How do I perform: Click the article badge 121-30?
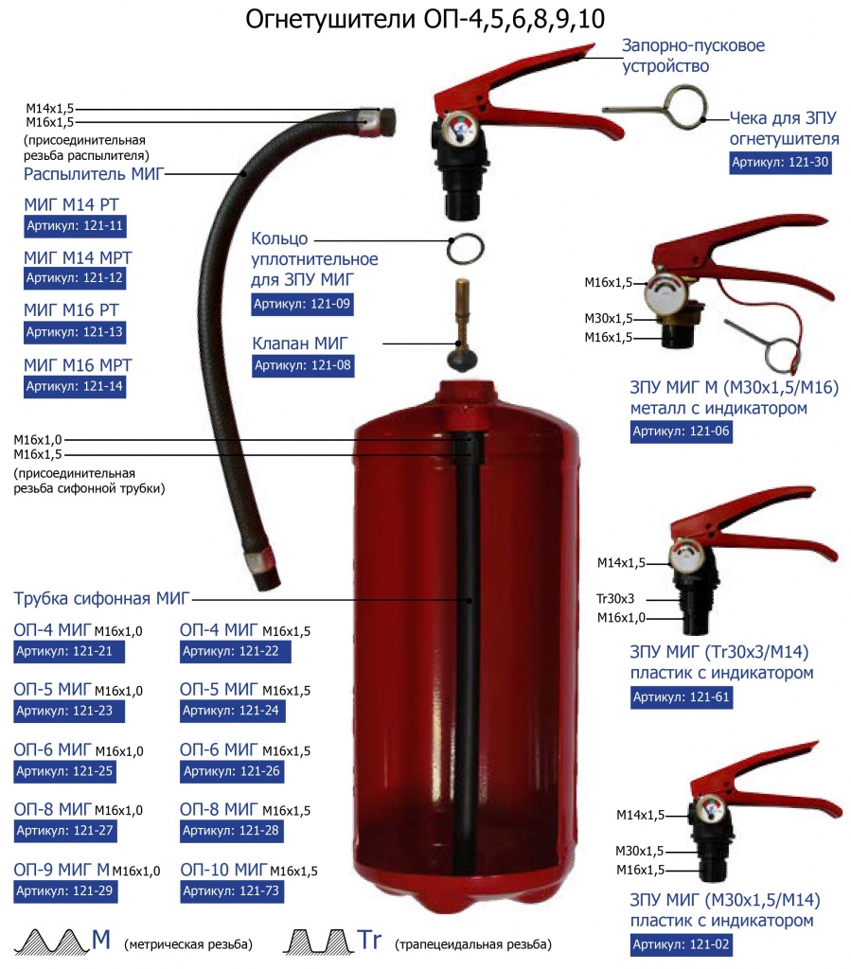[780, 163]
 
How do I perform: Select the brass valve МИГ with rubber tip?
[462, 326]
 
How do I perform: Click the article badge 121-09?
[302, 304]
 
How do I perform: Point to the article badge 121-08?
[303, 365]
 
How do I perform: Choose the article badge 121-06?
[681, 432]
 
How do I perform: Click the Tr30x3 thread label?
[615, 599]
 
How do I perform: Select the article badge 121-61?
[682, 697]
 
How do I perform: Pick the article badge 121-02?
[682, 944]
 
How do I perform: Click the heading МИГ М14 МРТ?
[78, 257]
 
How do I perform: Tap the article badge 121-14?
[75, 387]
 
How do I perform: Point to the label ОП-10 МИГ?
[223, 870]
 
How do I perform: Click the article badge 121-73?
[231, 891]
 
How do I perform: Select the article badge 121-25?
[65, 771]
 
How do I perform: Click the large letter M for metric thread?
[101, 940]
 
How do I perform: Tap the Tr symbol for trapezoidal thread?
[370, 940]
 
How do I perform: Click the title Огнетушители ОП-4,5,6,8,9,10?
[425, 19]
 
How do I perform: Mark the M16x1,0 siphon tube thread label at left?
[38, 440]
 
